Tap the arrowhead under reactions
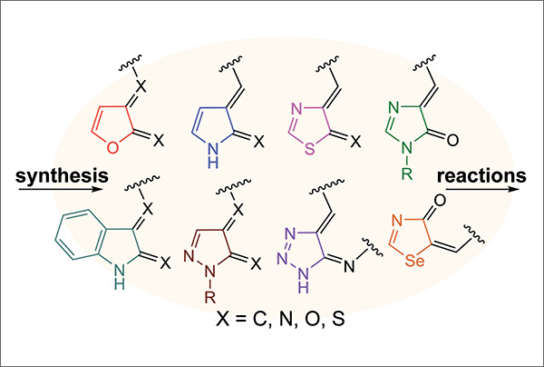point(522,189)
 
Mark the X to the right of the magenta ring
point(354,143)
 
